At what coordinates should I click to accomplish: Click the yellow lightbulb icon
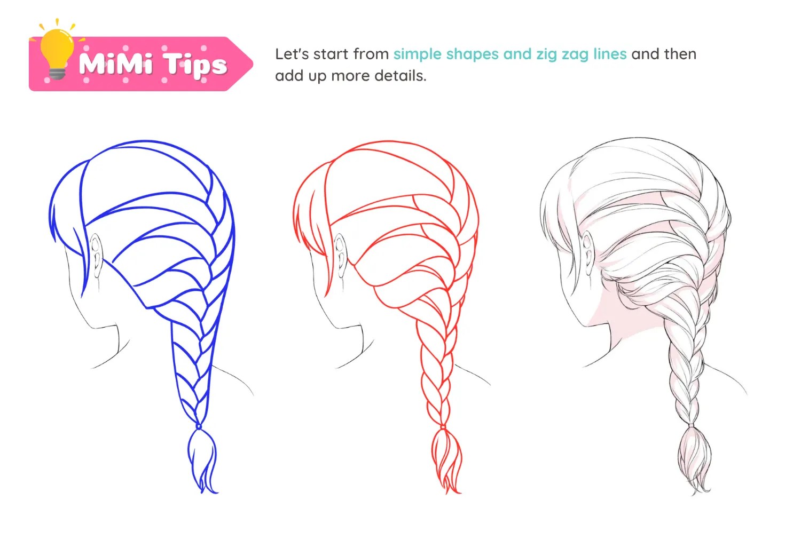point(57,51)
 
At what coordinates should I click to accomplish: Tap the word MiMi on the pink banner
point(115,64)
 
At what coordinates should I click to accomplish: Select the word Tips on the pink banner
point(195,65)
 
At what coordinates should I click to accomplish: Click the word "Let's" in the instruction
point(292,54)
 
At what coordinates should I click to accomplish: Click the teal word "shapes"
point(470,54)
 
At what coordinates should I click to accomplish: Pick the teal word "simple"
point(417,54)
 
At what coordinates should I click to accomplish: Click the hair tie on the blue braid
point(199,426)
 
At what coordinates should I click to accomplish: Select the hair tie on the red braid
point(443,426)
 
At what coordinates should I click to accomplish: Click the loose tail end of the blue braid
point(202,459)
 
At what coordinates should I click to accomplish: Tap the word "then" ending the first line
point(680,54)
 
